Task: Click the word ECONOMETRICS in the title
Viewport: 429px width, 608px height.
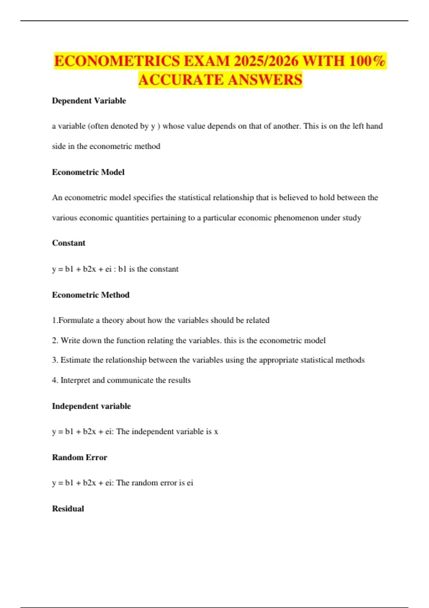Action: pyautogui.click(x=117, y=61)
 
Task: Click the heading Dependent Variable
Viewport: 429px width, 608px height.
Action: pyautogui.click(x=89, y=101)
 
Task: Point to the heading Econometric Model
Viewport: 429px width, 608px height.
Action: pyautogui.click(x=88, y=172)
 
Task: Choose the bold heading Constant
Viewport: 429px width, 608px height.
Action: pyautogui.click(x=69, y=243)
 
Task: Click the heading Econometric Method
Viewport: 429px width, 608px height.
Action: pyautogui.click(x=91, y=295)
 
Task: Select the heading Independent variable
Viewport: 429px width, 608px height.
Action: pyautogui.click(x=92, y=406)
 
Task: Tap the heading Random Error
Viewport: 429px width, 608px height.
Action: pyautogui.click(x=80, y=457)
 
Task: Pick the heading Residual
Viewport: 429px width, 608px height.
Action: pyautogui.click(x=68, y=509)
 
